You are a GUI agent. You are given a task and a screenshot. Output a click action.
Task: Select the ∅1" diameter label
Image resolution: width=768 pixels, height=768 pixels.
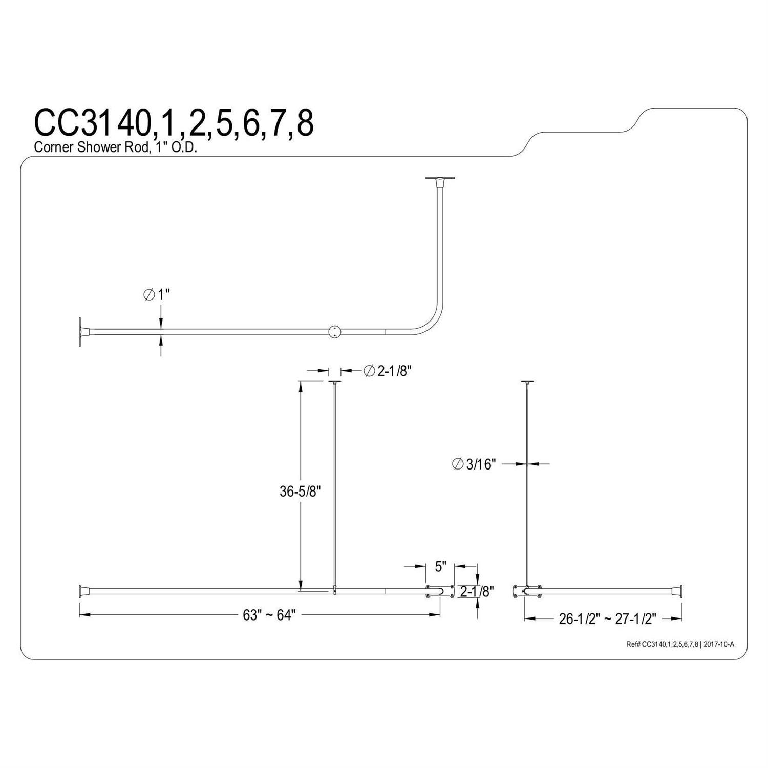pyautogui.click(x=156, y=295)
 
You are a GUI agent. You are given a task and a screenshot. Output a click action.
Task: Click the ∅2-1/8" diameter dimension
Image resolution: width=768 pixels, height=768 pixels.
pyautogui.click(x=387, y=371)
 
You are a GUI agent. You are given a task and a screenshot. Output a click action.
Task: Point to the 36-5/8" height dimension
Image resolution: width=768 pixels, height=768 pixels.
pyautogui.click(x=300, y=492)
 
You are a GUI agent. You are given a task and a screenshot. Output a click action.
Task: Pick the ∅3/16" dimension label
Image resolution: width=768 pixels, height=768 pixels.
pyautogui.click(x=475, y=464)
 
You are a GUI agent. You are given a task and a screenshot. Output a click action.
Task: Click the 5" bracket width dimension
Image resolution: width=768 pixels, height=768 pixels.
pyautogui.click(x=440, y=566)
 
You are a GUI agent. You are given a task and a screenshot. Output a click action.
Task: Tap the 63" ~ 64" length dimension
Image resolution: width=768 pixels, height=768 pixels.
pyautogui.click(x=269, y=615)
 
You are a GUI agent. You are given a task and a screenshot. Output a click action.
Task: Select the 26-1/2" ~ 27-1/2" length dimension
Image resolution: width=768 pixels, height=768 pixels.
pyautogui.click(x=607, y=619)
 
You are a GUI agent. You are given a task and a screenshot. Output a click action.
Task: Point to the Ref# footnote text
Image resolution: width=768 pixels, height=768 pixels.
pyautogui.click(x=680, y=644)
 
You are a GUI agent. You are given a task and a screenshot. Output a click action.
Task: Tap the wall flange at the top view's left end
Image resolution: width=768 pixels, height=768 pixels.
pyautogui.click(x=81, y=332)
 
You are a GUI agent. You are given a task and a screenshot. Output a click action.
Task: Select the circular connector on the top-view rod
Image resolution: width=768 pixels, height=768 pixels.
pyautogui.click(x=334, y=332)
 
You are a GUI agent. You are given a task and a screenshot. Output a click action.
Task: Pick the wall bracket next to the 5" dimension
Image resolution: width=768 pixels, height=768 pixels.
pyautogui.click(x=439, y=591)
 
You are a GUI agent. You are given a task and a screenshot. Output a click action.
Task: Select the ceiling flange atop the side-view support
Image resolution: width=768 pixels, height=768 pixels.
pyautogui.click(x=527, y=382)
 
